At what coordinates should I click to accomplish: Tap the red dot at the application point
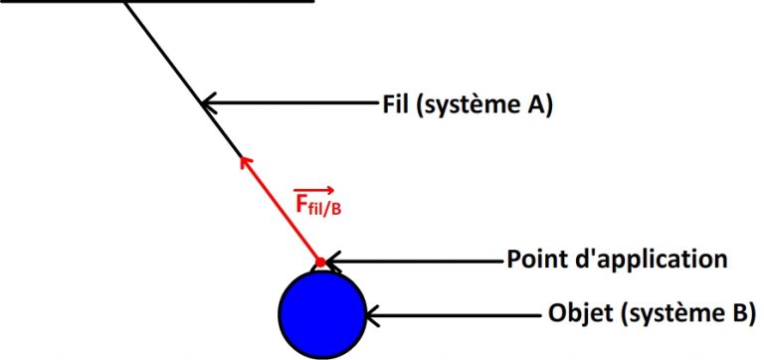(319, 263)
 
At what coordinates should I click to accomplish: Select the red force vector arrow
(281, 208)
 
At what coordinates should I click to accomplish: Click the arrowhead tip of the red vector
(243, 156)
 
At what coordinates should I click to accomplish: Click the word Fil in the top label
(396, 101)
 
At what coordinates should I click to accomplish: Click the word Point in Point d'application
(536, 261)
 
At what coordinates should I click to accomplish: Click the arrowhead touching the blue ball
(370, 318)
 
